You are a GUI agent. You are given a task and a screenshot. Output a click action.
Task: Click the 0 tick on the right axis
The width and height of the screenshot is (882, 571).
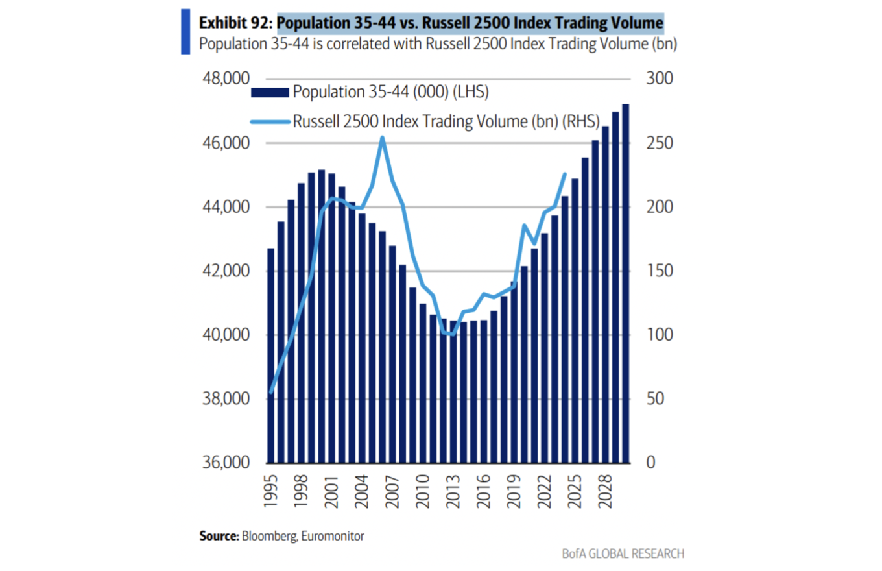(650, 463)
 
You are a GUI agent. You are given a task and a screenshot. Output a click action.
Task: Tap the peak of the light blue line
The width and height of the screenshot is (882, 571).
(383, 137)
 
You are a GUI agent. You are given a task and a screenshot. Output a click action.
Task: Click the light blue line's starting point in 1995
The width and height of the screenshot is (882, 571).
(270, 392)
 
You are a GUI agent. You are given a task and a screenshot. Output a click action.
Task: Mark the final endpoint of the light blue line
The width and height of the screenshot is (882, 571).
(565, 174)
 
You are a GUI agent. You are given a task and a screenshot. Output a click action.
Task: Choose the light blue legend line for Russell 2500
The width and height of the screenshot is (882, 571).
(270, 121)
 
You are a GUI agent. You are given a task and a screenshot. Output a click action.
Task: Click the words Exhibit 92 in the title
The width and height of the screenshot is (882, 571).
(235, 24)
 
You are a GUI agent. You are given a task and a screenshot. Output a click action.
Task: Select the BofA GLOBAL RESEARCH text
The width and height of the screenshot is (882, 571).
(623, 553)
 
